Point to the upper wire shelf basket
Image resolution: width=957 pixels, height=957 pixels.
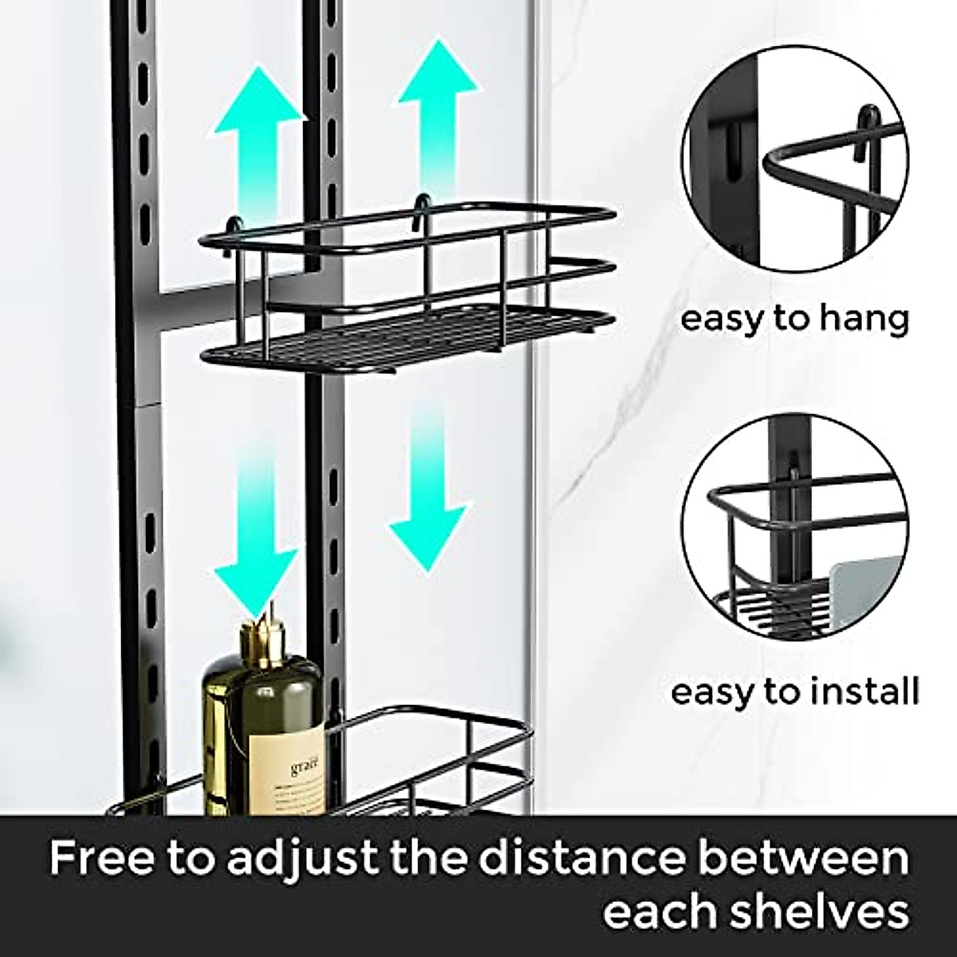(407, 295)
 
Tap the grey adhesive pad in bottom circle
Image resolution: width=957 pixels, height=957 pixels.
(865, 590)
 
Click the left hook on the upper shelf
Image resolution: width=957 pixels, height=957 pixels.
(235, 226)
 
